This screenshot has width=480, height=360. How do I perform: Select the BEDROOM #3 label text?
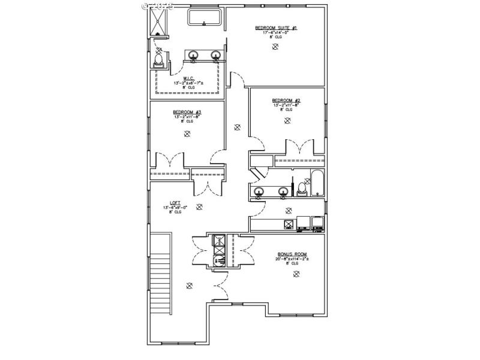(187, 112)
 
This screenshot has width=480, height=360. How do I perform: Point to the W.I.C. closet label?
(187, 78)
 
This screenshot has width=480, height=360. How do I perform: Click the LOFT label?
(175, 203)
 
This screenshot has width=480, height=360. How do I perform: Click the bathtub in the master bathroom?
(206, 17)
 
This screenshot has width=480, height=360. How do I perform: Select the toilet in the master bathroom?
(159, 59)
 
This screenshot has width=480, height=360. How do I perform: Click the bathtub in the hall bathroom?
(317, 184)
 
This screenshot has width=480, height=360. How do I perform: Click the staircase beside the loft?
(160, 272)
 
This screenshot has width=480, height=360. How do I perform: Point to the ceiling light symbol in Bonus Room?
(296, 274)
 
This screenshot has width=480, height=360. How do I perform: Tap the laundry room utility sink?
(289, 224)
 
